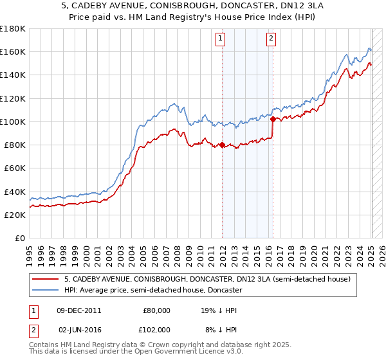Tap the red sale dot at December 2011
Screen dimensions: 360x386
[x=223, y=145]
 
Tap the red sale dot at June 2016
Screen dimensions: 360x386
[x=273, y=119]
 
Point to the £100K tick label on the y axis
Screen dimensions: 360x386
[x=13, y=122]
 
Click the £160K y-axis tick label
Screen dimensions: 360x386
[x=13, y=51]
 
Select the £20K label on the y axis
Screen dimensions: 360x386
[x=15, y=215]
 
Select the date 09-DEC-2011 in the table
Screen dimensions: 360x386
[x=79, y=310]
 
